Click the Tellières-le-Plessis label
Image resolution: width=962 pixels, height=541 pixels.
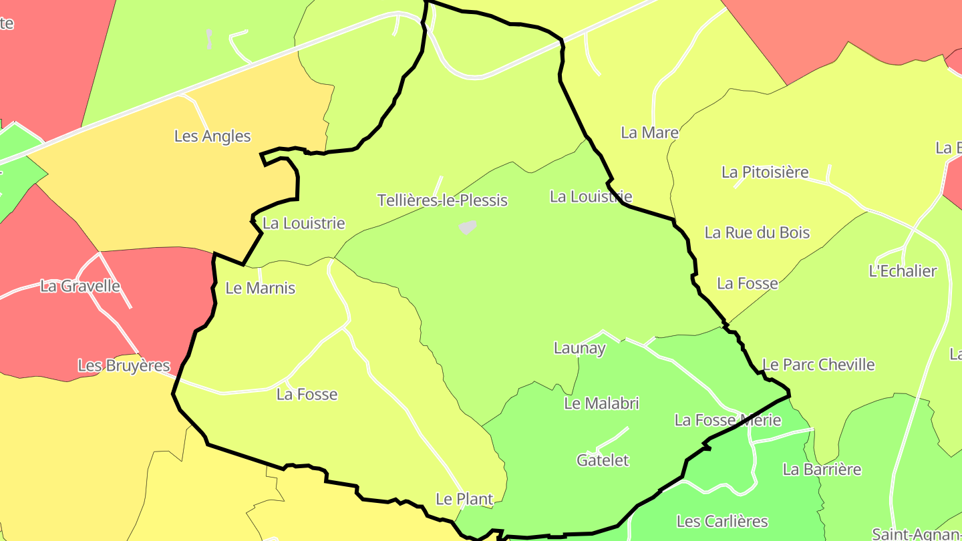442,200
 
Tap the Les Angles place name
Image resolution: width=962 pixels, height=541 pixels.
212,136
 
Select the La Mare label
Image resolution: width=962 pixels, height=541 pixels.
649,133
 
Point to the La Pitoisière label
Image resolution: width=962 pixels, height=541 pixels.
765,172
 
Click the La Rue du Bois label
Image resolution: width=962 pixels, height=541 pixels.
757,233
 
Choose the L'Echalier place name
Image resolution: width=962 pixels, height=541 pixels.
903,271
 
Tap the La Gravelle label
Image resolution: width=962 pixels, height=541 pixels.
80,287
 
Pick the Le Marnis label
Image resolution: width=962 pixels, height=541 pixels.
261,289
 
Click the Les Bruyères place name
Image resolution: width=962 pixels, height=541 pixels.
124,366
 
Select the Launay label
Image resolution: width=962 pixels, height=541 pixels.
580,348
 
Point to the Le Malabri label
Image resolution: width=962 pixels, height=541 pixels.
601,403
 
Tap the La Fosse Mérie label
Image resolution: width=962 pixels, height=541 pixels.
728,420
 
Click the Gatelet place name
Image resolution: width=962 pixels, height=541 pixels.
603,460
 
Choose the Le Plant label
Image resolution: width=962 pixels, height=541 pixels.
464,499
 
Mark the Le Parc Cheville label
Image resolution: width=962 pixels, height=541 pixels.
818,365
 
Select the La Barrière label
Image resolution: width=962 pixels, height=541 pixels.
822,470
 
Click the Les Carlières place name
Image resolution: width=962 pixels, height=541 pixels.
722,522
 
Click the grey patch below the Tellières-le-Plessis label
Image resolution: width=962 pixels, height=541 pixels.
468,227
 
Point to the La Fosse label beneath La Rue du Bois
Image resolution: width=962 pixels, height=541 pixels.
748,284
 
